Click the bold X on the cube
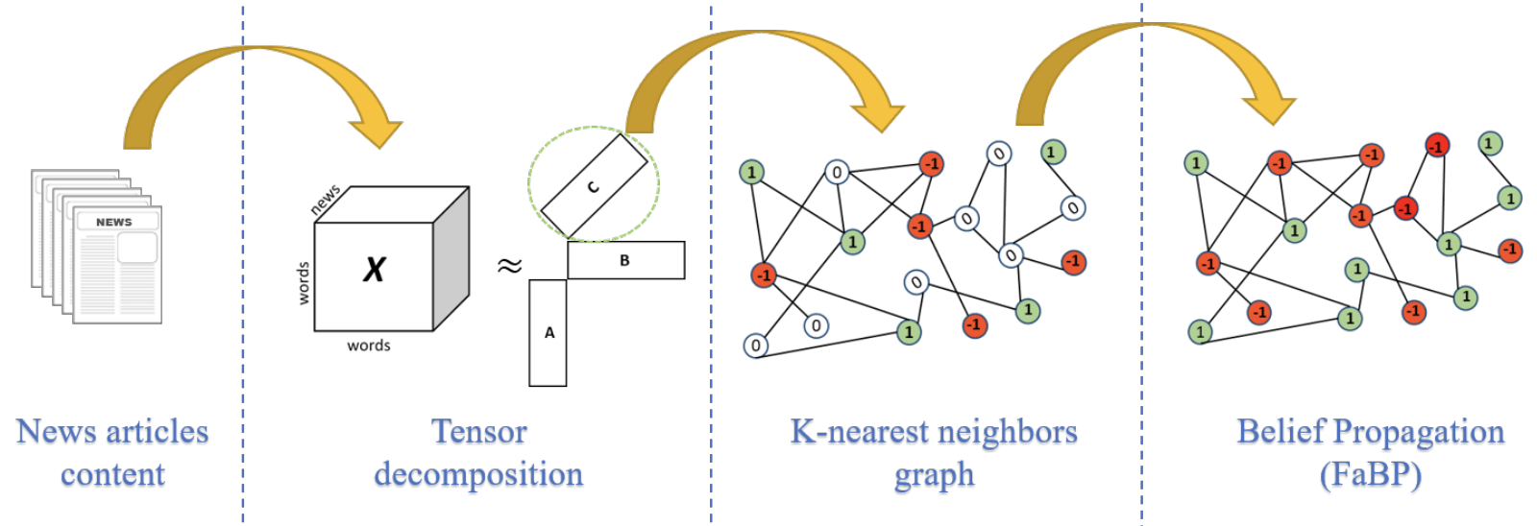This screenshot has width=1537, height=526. click(374, 270)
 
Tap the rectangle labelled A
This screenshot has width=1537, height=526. click(548, 333)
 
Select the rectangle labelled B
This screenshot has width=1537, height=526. click(625, 260)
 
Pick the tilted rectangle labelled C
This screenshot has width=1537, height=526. click(594, 186)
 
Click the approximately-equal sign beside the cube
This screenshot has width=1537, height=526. click(509, 266)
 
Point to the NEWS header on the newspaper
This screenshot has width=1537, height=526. click(114, 222)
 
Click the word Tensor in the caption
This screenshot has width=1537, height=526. click(478, 432)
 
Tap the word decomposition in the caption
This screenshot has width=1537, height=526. click(478, 474)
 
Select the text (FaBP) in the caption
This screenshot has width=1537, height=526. click(1370, 474)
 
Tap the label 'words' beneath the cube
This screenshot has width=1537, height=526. click(369, 346)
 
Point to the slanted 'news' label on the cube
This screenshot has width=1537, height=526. click(325, 200)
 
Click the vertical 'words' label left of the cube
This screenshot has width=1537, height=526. click(304, 283)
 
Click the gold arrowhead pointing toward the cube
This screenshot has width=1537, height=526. click(377, 129)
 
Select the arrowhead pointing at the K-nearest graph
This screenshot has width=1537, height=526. click(878, 111)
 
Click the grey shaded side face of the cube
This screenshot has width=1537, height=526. click(451, 257)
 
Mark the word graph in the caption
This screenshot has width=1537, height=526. click(934, 474)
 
